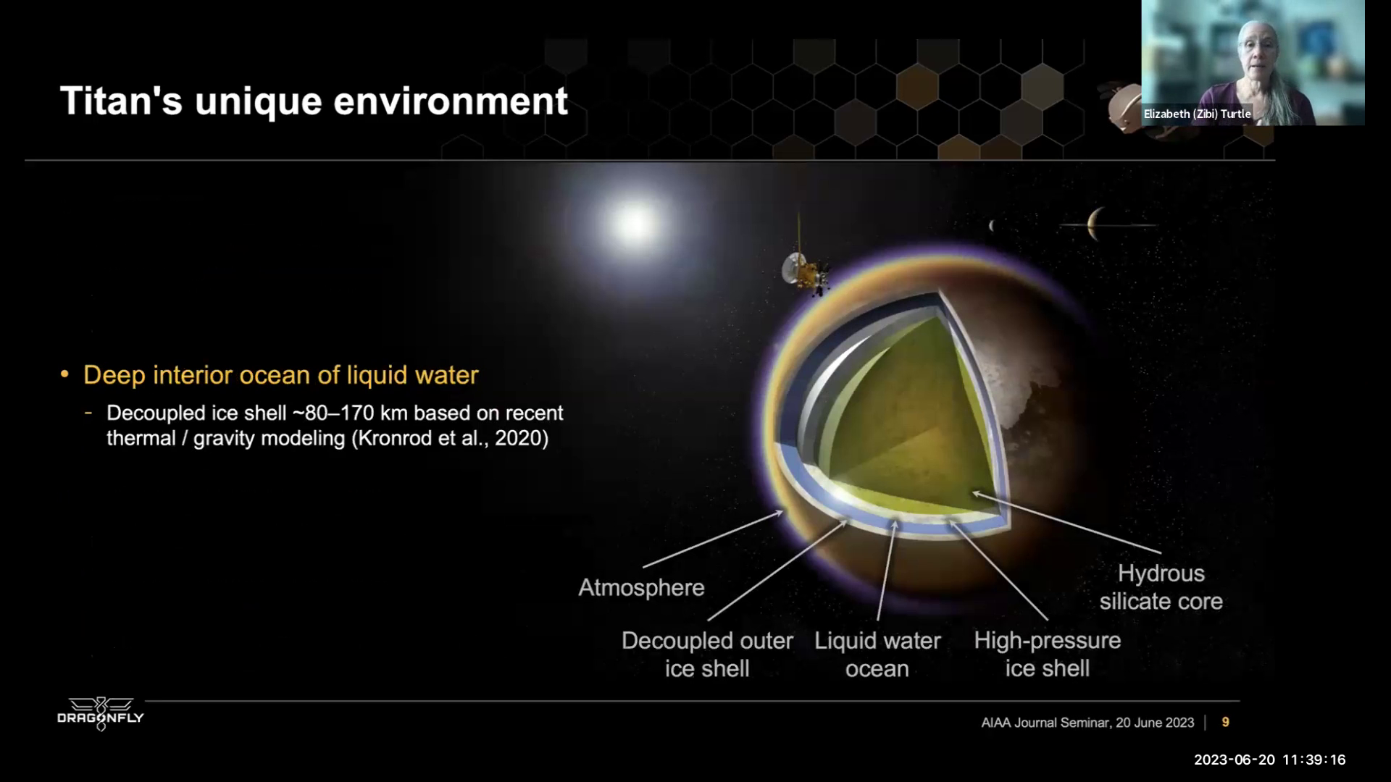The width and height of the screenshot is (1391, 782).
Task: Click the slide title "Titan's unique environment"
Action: point(314,101)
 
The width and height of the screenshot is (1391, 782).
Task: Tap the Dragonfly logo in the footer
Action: point(101,715)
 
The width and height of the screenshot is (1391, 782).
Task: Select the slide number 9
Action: point(1225,722)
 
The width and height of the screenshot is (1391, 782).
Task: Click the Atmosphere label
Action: point(641,587)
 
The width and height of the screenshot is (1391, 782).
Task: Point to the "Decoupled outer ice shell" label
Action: point(707,655)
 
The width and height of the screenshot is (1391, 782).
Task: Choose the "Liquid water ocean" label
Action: point(877,655)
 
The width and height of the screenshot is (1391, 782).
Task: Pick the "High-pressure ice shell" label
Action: point(1047,655)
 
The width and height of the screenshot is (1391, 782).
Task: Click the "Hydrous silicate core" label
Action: point(1161,587)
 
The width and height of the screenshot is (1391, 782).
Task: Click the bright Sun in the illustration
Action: point(634,224)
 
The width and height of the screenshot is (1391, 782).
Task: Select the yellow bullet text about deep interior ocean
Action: point(281,375)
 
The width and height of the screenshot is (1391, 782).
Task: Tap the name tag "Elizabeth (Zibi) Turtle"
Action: point(1197,114)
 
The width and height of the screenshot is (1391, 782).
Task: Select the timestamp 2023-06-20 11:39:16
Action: point(1269,760)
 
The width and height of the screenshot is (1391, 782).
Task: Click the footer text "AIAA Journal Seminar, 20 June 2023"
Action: point(1087,723)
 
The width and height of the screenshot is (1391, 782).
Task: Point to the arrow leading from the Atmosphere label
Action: point(713,539)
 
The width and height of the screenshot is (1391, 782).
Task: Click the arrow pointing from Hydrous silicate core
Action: point(1066,522)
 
